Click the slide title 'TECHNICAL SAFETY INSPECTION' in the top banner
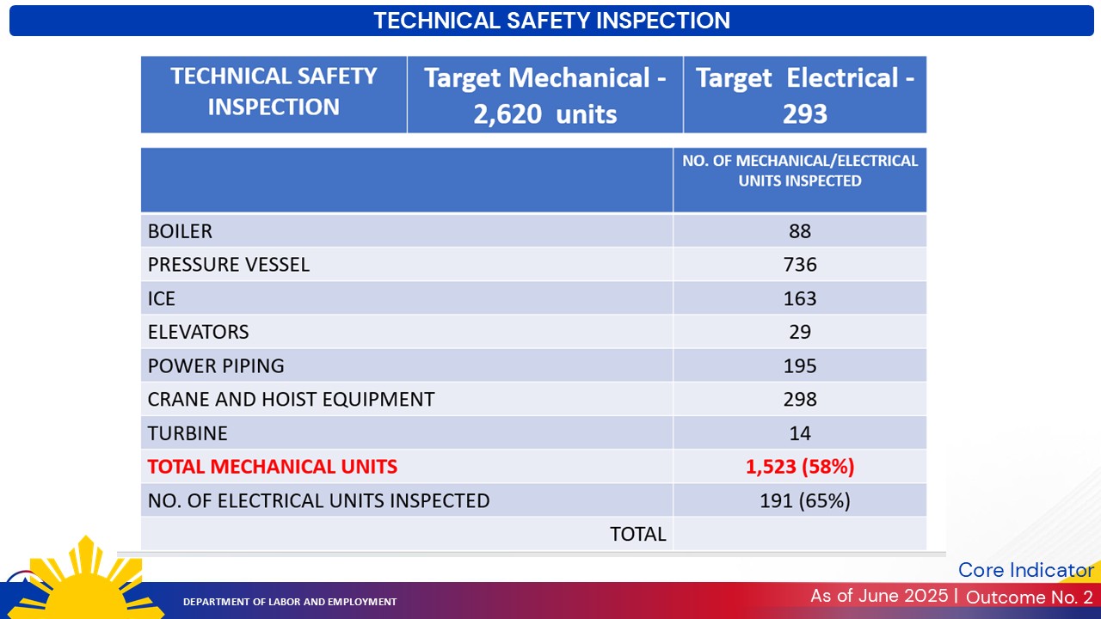pyautogui.click(x=551, y=21)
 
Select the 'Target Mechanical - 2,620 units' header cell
pyautogui.click(x=544, y=95)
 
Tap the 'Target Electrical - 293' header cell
pyautogui.click(x=804, y=95)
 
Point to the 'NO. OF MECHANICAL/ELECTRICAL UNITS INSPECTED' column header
pyautogui.click(x=799, y=170)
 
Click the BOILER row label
pyautogui.click(x=180, y=231)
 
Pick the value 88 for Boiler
pyautogui.click(x=799, y=231)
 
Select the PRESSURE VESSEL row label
pyautogui.click(x=228, y=265)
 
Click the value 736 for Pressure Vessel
pyautogui.click(x=799, y=265)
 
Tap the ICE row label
pyautogui.click(x=162, y=298)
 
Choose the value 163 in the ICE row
pyautogui.click(x=799, y=298)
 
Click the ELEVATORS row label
pyautogui.click(x=198, y=332)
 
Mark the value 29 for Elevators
pyautogui.click(x=799, y=332)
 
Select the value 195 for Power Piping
pyautogui.click(x=799, y=365)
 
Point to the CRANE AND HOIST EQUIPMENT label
pyautogui.click(x=291, y=399)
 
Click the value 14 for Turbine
pyautogui.click(x=799, y=433)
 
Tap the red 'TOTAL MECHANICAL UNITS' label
pyautogui.click(x=272, y=467)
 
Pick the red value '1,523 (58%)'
pyautogui.click(x=799, y=467)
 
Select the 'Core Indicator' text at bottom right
pyautogui.click(x=1025, y=570)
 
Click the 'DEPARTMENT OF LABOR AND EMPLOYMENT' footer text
pyautogui.click(x=290, y=602)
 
